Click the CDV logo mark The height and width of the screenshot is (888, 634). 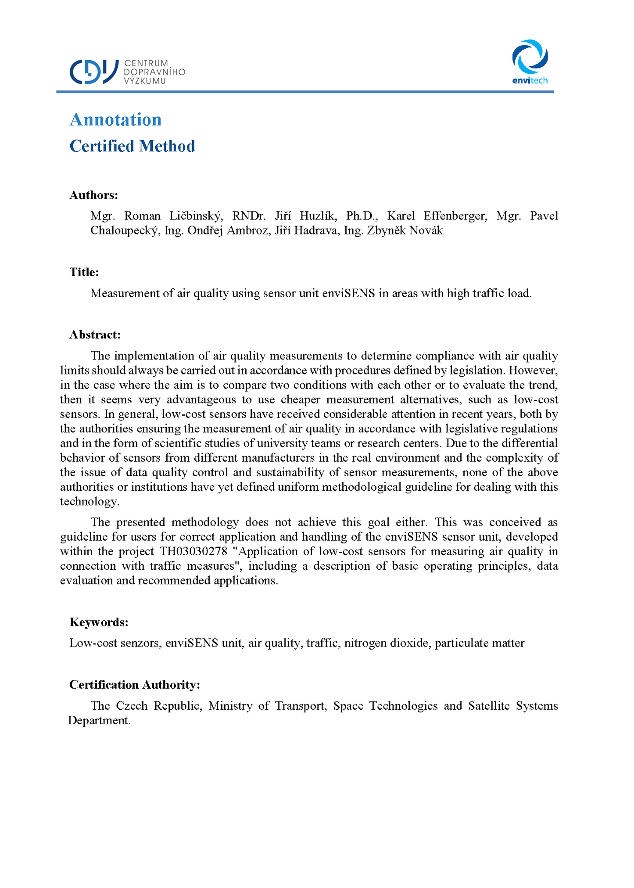(94, 72)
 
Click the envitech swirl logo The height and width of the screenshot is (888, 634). (530, 57)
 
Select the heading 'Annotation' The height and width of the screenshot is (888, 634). (116, 119)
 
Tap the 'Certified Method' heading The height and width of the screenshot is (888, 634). (132, 146)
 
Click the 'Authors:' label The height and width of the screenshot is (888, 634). (94, 195)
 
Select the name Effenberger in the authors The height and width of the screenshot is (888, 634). (455, 216)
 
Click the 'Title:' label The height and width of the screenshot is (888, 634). (84, 272)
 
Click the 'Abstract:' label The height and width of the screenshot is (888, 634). (95, 335)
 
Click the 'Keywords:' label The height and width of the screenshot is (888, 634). (99, 622)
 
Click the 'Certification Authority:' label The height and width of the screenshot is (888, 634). (135, 685)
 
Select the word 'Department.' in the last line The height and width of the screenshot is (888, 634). (99, 720)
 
